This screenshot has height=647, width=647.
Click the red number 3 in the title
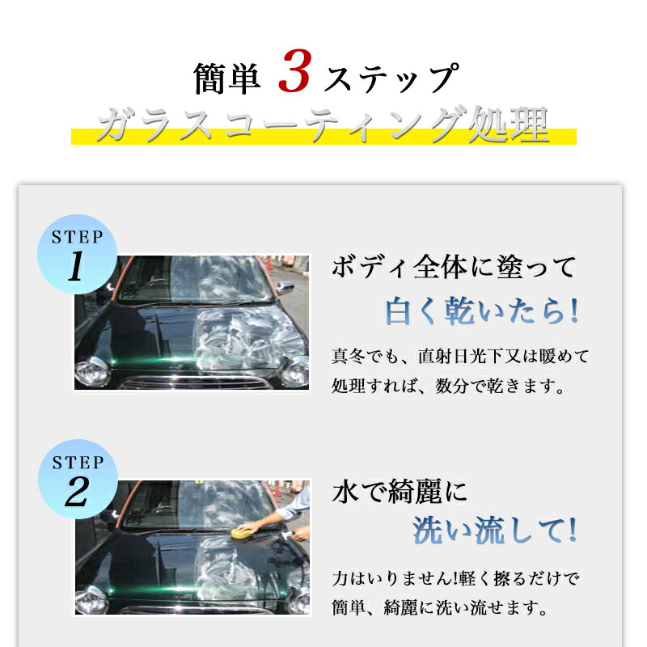click(294, 71)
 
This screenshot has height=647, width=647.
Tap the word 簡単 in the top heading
click(227, 78)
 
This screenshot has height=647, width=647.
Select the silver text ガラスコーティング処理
click(323, 125)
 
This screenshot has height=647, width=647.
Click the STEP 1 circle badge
click(77, 254)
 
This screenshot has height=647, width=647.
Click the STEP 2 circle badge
click(78, 479)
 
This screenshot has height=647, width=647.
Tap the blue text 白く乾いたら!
click(481, 311)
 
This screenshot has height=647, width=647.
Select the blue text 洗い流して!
click(495, 531)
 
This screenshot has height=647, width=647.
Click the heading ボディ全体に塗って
click(454, 267)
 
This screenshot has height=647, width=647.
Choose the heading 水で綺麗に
click(400, 492)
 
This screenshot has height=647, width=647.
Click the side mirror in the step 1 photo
click(285, 288)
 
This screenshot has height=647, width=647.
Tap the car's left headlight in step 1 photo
click(91, 371)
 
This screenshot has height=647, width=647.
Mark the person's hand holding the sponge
click(250, 527)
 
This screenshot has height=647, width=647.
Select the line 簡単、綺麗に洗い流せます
click(440, 608)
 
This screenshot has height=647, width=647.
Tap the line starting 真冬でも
click(460, 356)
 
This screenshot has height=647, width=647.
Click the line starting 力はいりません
click(456, 578)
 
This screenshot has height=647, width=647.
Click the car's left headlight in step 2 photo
click(91, 598)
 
